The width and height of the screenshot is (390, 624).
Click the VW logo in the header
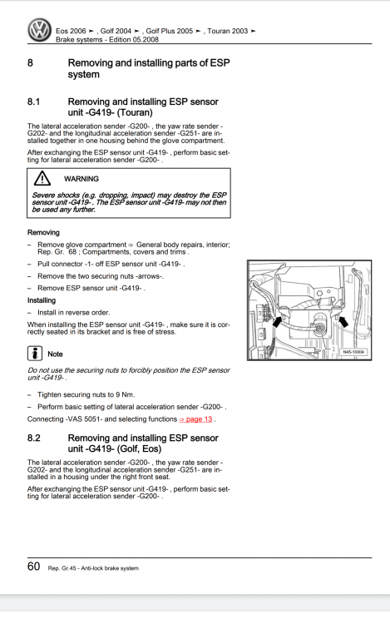coord(39,30)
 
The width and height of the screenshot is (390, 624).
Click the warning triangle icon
coord(42,179)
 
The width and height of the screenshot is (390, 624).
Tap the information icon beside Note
coord(35,354)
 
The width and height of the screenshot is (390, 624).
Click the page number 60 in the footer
coord(33,567)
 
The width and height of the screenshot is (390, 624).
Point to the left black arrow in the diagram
coord(277,321)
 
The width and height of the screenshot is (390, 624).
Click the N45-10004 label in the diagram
coord(353,352)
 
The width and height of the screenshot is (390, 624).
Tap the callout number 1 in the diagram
coord(333,349)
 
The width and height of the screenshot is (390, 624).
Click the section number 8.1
coord(34,102)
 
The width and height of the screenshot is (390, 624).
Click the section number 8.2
coord(34,438)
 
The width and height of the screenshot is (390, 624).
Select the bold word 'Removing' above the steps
coord(43,232)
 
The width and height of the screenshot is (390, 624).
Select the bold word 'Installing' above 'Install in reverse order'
coord(42,300)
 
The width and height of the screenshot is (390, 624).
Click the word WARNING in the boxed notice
coord(81,179)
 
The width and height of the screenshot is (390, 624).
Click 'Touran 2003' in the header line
coord(227,31)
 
